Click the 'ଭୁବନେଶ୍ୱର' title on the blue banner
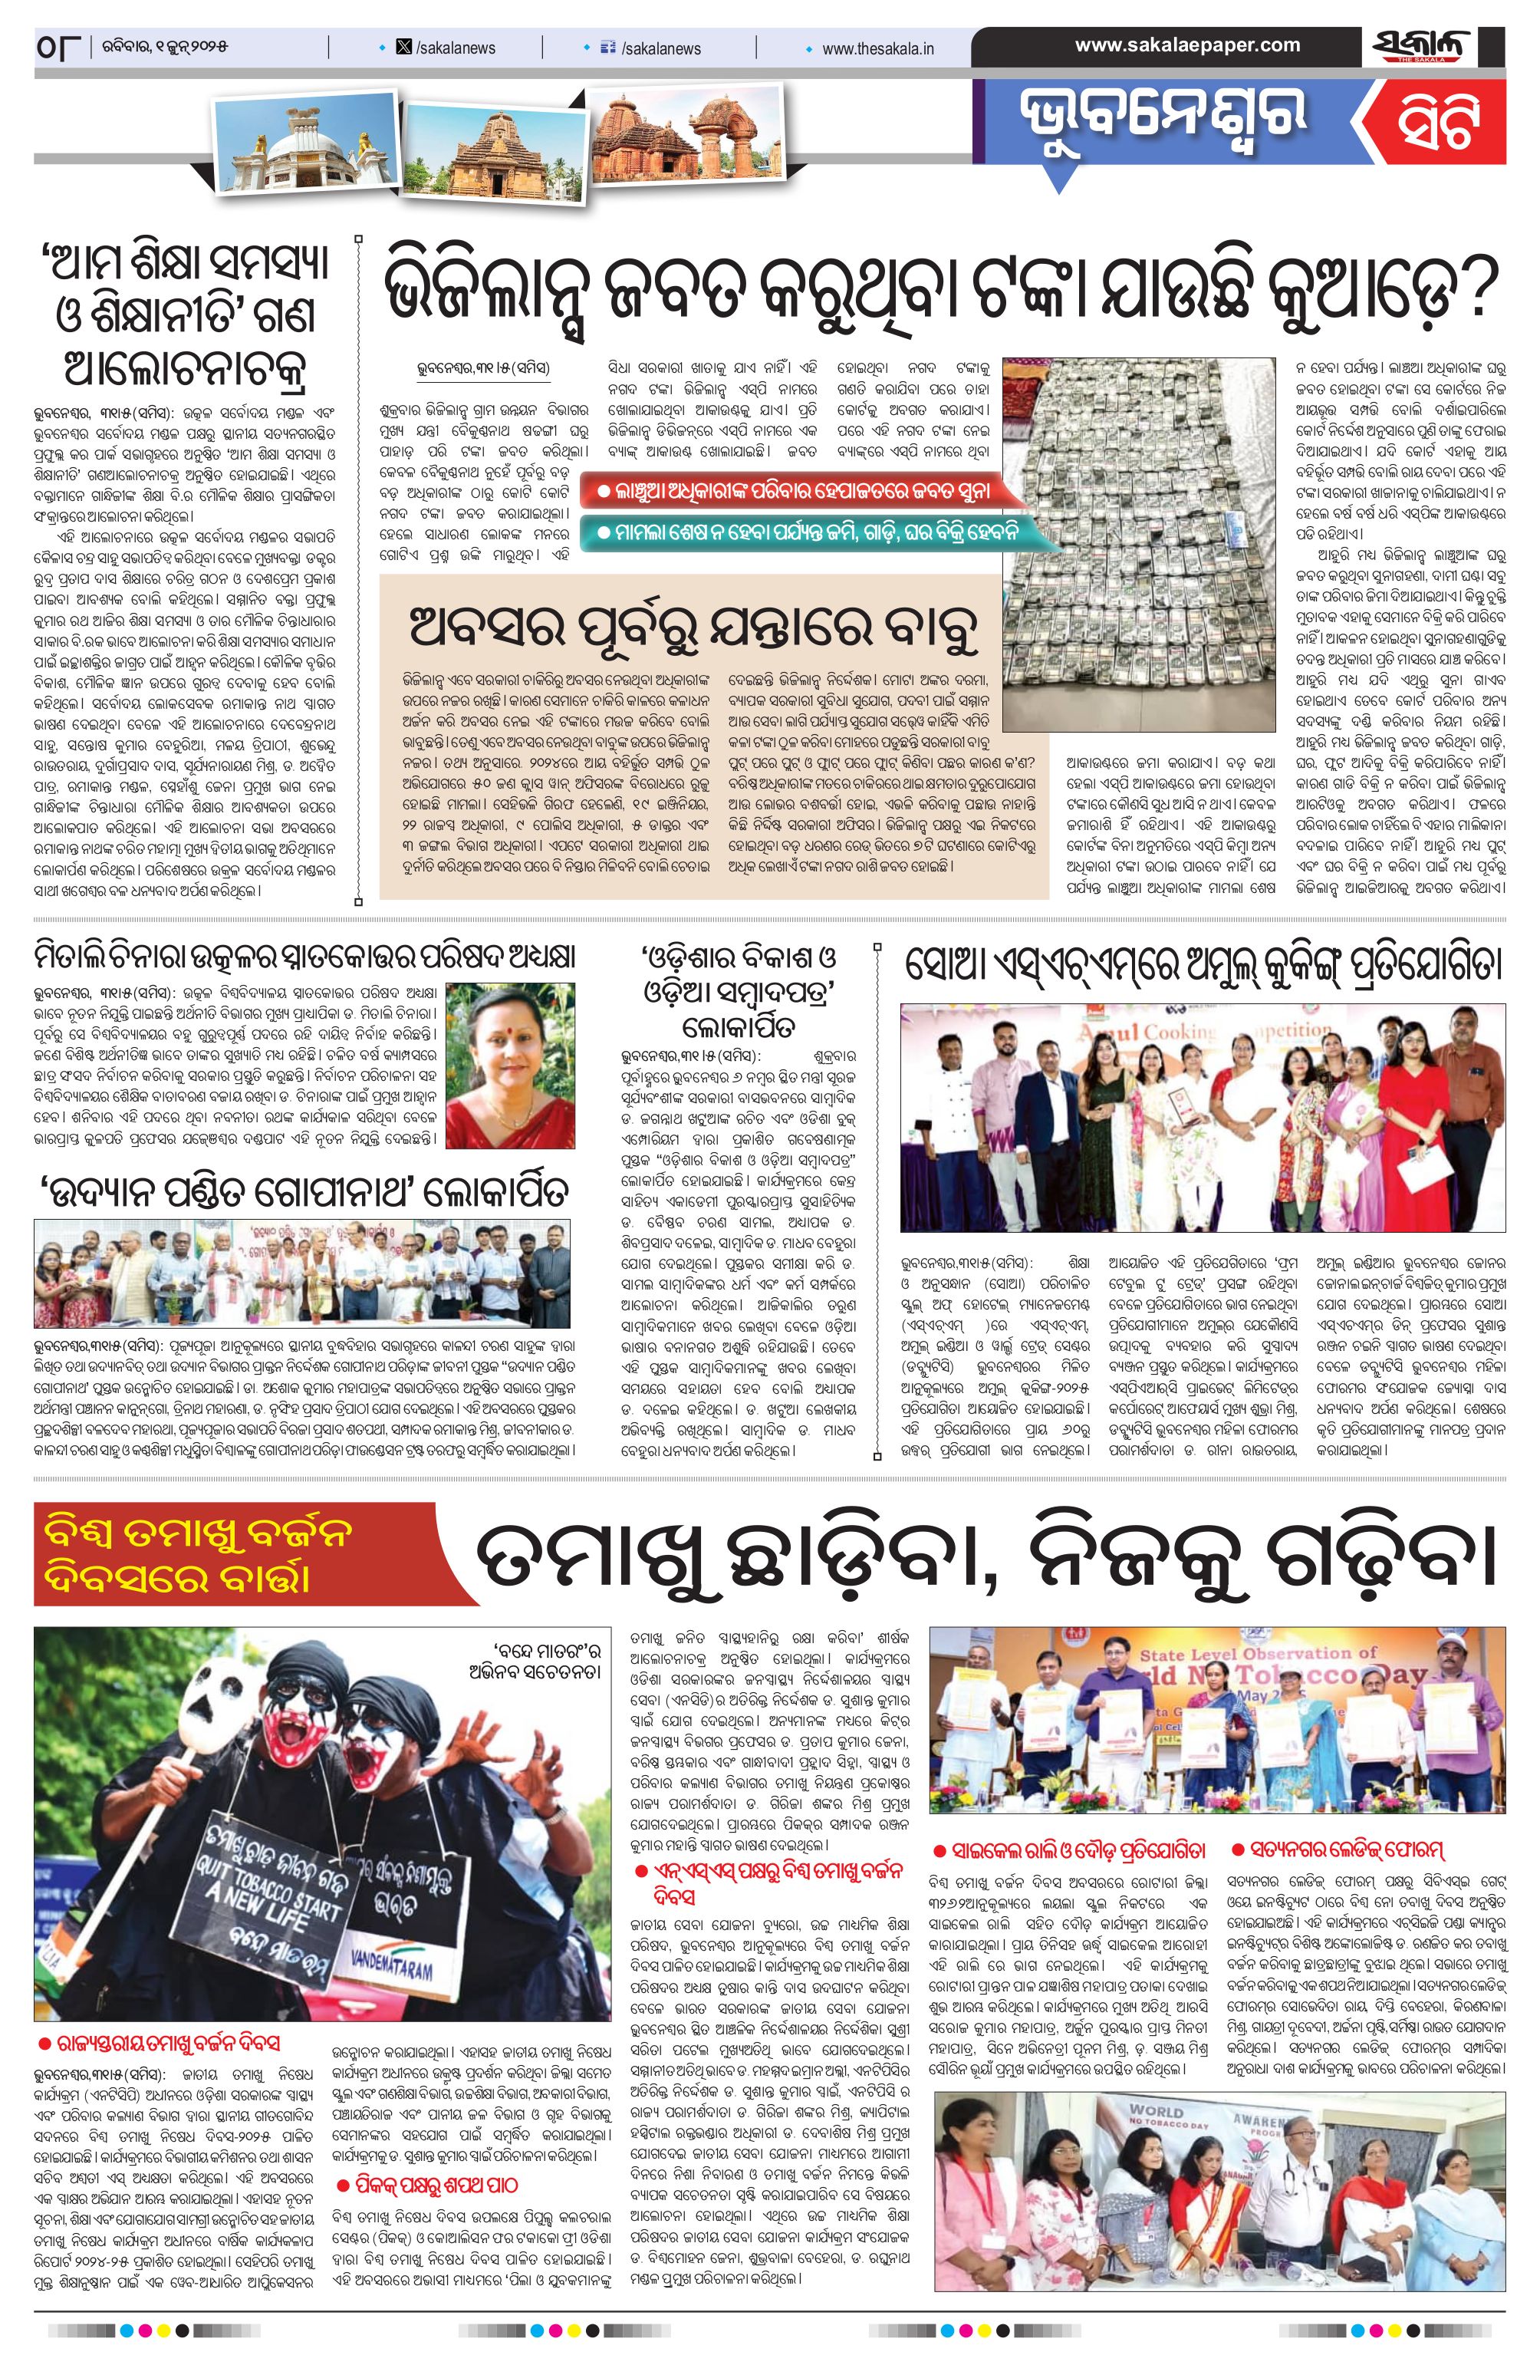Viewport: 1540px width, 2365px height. (x=1163, y=119)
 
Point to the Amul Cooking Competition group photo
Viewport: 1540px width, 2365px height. (x=1203, y=1117)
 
